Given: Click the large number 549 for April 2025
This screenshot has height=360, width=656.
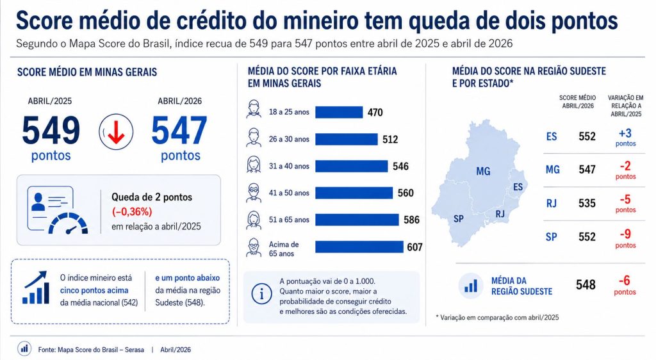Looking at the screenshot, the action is point(51,131).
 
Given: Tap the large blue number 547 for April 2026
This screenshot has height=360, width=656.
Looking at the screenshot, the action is point(179,131).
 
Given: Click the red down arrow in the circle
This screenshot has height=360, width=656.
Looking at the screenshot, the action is point(116,133).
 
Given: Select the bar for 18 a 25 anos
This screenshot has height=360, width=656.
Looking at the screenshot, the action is point(339,112).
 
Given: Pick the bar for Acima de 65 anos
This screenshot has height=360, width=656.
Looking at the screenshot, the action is point(359,247).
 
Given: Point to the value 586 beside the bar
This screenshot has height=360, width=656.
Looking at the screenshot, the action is point(411,220).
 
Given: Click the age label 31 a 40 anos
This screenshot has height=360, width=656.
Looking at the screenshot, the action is point(289,166).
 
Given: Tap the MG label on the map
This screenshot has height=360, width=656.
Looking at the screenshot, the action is point(483,171).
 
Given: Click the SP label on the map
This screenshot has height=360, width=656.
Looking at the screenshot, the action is point(459,218).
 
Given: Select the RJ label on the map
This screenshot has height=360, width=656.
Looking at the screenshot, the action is point(500,214).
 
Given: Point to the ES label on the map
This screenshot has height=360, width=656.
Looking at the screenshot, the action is point(518,187).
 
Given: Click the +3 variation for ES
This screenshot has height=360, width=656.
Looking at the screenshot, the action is point(625,133).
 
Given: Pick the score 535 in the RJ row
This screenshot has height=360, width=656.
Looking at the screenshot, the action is point(587,203).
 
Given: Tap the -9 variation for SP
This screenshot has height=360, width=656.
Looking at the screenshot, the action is point(625,234).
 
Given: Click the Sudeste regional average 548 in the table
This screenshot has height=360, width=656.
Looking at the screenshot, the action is point(586,285).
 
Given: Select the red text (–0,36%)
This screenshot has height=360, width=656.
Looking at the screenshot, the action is point(132,212).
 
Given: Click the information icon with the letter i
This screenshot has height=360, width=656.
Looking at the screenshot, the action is point(261,294).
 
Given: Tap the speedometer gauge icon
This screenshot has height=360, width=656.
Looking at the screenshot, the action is point(68,224).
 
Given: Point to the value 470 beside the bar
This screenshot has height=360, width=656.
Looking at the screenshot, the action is point(375,113).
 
